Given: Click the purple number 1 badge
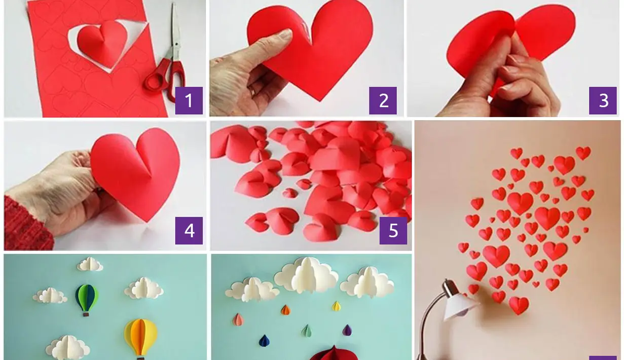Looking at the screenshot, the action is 189,100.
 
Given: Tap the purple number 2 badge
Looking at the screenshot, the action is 383,100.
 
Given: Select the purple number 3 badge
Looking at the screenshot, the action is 603,100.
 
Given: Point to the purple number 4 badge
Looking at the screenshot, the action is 189,230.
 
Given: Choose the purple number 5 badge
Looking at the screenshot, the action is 393,230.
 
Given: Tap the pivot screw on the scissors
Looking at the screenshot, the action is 176,45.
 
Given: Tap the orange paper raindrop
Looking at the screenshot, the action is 285,310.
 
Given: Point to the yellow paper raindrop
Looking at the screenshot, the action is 337,306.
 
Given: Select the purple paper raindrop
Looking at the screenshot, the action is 347,330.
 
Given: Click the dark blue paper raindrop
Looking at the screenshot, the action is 264,341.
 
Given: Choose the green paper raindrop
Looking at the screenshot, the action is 307,331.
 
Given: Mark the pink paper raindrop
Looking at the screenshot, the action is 238,319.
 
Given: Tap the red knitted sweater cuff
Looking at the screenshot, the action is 26,224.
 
